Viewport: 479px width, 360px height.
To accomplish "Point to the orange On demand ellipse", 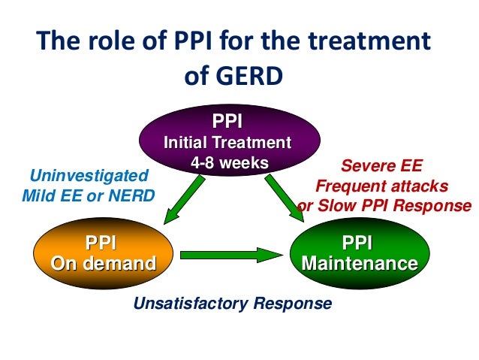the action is click(x=102, y=254).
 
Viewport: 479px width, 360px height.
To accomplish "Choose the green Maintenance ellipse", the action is click(x=358, y=254).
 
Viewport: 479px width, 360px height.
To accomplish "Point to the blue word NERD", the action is click(x=131, y=197).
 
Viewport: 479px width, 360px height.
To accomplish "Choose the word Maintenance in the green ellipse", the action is click(x=358, y=264).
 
